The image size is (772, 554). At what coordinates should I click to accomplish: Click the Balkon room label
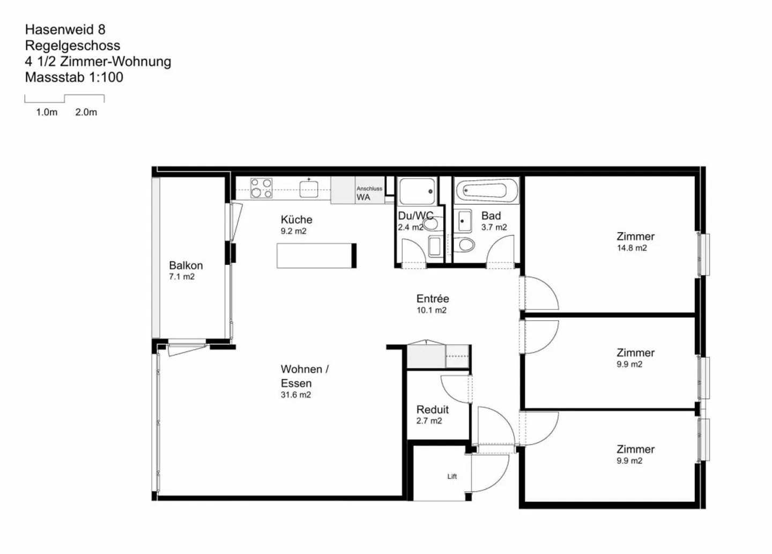pyautogui.click(x=185, y=265)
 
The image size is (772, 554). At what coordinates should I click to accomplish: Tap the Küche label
pyautogui.click(x=296, y=219)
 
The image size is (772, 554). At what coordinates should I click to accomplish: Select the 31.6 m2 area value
pyautogui.click(x=295, y=395)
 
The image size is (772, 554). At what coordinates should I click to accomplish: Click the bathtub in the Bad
pyautogui.click(x=487, y=190)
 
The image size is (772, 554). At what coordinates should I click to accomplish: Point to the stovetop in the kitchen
pyautogui.click(x=261, y=188)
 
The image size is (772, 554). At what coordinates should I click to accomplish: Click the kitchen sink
pyautogui.click(x=309, y=188)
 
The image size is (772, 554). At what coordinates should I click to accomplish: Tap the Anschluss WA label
pyautogui.click(x=369, y=193)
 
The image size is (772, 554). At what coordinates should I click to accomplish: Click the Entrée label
pyautogui.click(x=433, y=299)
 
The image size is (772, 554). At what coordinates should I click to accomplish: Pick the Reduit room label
pyautogui.click(x=432, y=410)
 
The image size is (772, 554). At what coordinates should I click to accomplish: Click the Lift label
pyautogui.click(x=452, y=476)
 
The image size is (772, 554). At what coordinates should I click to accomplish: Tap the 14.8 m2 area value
pyautogui.click(x=632, y=248)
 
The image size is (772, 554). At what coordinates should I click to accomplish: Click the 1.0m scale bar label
pyautogui.click(x=47, y=113)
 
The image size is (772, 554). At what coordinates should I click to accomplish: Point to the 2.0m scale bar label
pyautogui.click(x=86, y=113)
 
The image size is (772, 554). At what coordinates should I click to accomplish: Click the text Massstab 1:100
pyautogui.click(x=74, y=77)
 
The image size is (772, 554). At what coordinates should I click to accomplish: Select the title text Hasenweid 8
pyautogui.click(x=65, y=29)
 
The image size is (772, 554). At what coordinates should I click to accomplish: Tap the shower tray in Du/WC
pyautogui.click(x=417, y=191)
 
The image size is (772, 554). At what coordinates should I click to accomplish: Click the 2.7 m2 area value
pyautogui.click(x=429, y=421)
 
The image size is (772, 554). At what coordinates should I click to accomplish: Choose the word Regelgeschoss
pyautogui.click(x=72, y=46)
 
